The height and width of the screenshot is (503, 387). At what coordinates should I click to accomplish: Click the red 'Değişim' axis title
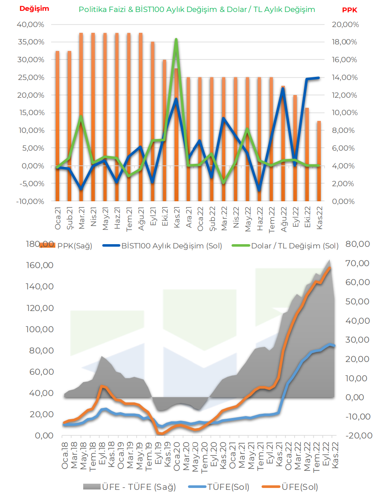(x=34, y=9)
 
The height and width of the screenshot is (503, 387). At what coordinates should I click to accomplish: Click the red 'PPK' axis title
(x=349, y=10)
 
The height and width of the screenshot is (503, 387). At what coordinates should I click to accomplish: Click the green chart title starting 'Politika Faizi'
(x=197, y=10)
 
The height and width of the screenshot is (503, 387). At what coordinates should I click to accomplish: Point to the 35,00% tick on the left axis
(x=31, y=42)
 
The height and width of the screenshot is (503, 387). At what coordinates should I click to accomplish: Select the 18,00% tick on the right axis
(x=344, y=42)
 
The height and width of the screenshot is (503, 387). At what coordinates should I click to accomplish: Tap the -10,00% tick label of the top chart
(x=30, y=201)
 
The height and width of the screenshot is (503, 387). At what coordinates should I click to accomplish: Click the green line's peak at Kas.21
(x=176, y=39)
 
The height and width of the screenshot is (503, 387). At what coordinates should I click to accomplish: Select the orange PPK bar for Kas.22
(x=319, y=161)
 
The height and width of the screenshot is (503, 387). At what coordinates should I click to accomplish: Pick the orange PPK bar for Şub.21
(x=69, y=126)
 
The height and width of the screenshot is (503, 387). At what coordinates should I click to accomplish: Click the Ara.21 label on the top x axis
(x=189, y=217)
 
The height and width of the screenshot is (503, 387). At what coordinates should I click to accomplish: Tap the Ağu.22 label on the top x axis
(x=284, y=219)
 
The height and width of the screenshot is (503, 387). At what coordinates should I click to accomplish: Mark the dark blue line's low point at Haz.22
(x=259, y=190)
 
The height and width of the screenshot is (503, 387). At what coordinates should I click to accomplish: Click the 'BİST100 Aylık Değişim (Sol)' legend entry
(x=162, y=246)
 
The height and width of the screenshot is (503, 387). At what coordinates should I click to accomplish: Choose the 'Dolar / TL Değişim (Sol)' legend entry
(x=285, y=246)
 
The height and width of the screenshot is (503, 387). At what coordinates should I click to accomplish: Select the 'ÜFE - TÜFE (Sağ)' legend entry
(x=129, y=487)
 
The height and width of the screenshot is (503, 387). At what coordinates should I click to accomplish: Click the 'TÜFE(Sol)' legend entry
(x=219, y=487)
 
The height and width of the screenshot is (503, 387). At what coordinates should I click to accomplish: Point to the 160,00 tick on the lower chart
(x=39, y=265)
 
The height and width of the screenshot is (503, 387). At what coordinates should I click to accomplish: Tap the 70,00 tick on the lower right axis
(x=357, y=263)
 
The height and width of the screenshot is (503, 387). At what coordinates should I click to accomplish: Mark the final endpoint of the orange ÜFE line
(x=330, y=268)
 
